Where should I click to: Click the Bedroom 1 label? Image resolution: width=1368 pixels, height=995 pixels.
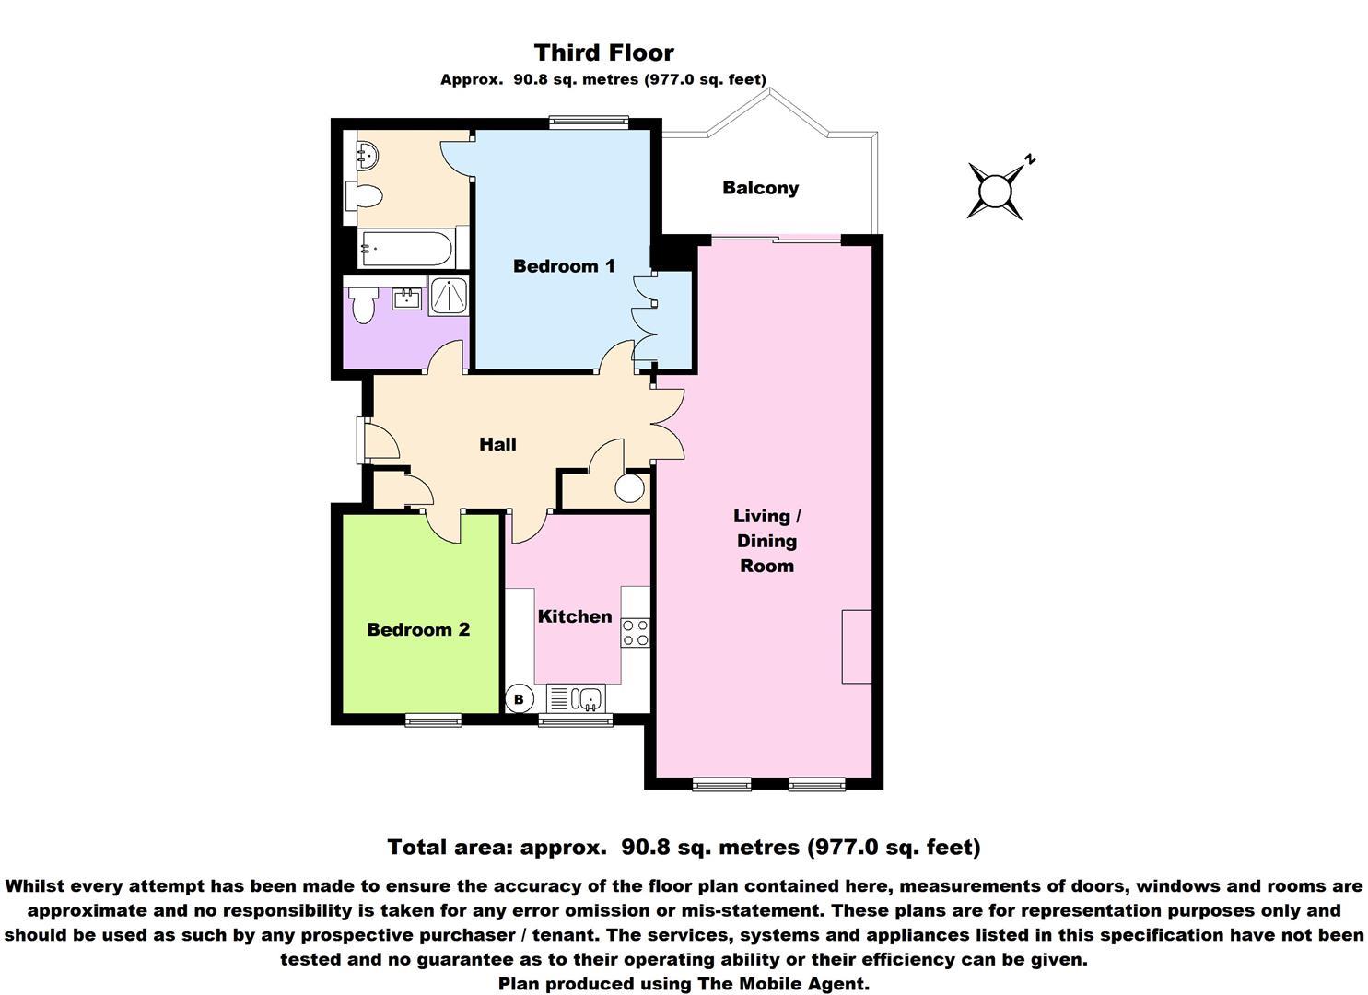[564, 266]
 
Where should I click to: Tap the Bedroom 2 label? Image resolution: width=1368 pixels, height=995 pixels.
[418, 629]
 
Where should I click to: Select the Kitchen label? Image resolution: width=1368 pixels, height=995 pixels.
[575, 616]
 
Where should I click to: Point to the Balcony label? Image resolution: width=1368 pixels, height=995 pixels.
[760, 188]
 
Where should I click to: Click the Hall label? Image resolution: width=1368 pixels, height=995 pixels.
[497, 444]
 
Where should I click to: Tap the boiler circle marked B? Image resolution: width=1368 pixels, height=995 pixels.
[519, 699]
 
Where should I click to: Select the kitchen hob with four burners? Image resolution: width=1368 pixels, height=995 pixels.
[636, 632]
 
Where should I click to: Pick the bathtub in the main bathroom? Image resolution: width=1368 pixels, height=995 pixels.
[406, 248]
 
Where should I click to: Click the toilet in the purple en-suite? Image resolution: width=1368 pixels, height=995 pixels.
[363, 305]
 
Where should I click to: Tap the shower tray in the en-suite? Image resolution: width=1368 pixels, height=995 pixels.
[449, 296]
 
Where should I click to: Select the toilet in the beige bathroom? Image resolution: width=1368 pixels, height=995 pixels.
[364, 196]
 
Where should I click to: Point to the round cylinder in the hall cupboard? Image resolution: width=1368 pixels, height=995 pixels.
[630, 487]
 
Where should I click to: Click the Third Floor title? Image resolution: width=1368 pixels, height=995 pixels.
[603, 53]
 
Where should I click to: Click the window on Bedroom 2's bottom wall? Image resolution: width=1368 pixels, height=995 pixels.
[433, 720]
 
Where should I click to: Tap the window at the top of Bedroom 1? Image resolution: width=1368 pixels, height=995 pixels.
[588, 121]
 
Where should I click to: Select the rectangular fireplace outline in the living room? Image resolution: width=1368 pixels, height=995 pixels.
[856, 646]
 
